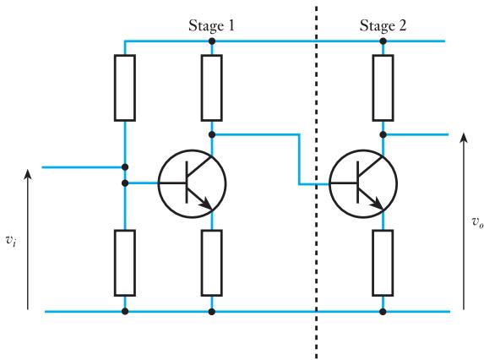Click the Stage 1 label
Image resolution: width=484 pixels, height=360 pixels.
(x=211, y=25)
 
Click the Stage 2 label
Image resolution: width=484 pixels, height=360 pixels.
(x=383, y=25)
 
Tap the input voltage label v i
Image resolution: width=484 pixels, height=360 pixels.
(x=11, y=240)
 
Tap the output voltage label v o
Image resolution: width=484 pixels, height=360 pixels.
(x=477, y=222)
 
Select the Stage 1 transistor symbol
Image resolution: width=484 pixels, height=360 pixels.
(x=192, y=183)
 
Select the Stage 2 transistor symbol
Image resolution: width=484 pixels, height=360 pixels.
(x=363, y=183)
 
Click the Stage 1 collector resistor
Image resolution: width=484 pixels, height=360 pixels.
(x=211, y=88)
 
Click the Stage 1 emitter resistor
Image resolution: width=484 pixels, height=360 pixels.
(x=211, y=263)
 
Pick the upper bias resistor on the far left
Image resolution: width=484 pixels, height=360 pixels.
(x=125, y=88)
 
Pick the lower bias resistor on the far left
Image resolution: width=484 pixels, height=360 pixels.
(x=125, y=263)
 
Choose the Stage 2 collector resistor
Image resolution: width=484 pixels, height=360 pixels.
(x=383, y=88)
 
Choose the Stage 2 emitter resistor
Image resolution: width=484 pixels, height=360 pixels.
(x=383, y=263)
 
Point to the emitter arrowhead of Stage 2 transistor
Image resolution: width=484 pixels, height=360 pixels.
(x=378, y=205)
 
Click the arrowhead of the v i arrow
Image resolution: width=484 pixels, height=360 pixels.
(x=28, y=174)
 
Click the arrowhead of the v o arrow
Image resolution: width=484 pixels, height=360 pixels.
(x=464, y=138)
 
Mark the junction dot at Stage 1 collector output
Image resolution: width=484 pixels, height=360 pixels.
(x=212, y=134)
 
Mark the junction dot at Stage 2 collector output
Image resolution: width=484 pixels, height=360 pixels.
(x=383, y=134)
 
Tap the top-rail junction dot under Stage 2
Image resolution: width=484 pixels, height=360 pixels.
(x=383, y=41)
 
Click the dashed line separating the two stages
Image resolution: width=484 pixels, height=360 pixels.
(x=316, y=183)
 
